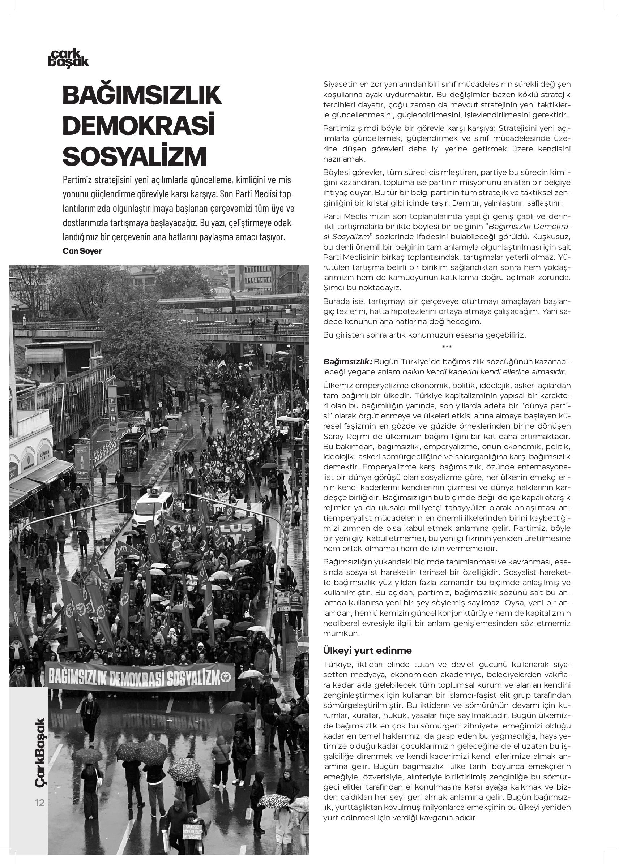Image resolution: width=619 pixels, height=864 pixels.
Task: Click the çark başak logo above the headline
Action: tap(68, 59)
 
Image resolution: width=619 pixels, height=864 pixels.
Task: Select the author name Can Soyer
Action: tap(82, 251)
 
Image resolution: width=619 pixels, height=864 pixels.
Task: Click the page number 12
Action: tap(40, 803)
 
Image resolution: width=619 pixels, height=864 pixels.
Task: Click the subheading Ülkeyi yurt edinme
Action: tap(367, 650)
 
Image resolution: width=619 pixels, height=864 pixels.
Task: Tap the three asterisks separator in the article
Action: tap(447, 347)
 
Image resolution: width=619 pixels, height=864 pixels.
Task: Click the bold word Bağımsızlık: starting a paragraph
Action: tap(347, 361)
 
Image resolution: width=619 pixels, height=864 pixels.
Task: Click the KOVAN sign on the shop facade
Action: tap(44, 455)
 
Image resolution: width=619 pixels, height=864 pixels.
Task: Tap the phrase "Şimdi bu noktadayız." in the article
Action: tap(362, 288)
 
